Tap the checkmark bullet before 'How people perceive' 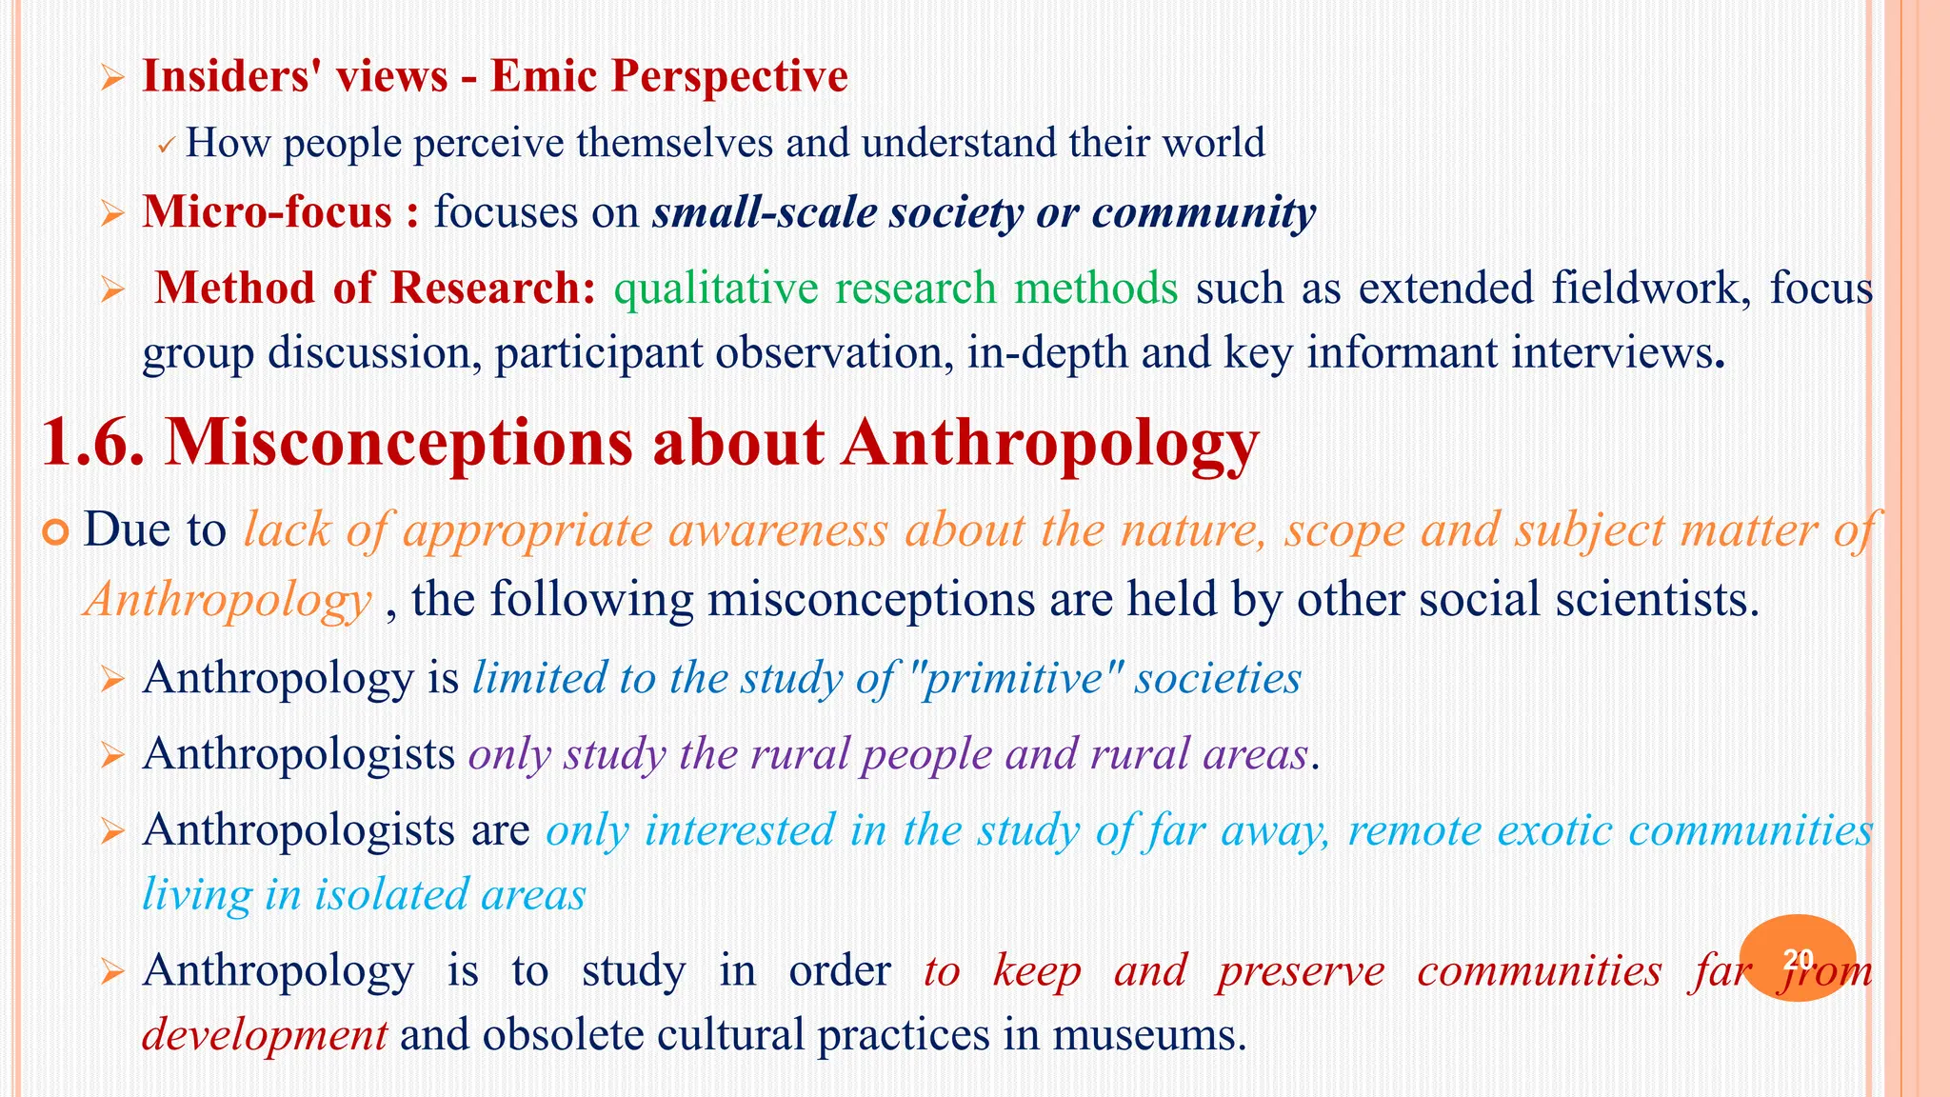pyautogui.click(x=165, y=147)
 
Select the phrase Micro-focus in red pyautogui.click(x=267, y=211)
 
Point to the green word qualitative pyautogui.click(x=715, y=289)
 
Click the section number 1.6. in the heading pyautogui.click(x=93, y=443)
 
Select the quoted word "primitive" pyautogui.click(x=1015, y=679)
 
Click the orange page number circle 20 pyautogui.click(x=1797, y=958)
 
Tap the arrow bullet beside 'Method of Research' pyautogui.click(x=112, y=290)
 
